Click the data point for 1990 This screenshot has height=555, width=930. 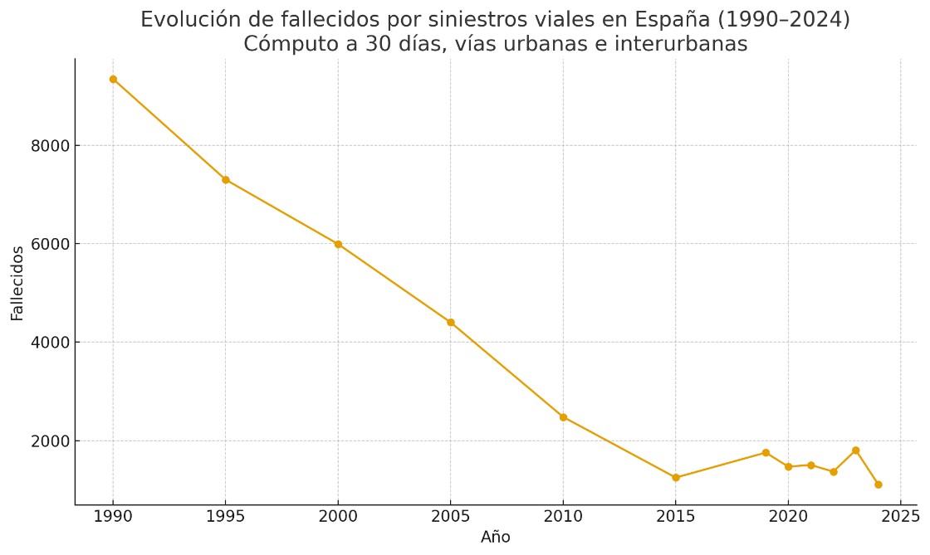113,80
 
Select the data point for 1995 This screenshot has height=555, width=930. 225,180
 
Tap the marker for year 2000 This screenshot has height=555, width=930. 338,244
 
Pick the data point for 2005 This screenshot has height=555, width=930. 451,323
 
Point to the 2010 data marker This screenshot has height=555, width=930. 563,417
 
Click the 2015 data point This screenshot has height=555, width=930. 676,478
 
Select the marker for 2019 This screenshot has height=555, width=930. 766,453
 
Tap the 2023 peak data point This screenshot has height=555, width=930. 855,450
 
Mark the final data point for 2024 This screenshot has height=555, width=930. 878,484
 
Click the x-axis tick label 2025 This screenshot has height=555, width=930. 900,516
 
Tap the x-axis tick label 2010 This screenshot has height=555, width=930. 563,516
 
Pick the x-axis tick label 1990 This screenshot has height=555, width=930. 113,516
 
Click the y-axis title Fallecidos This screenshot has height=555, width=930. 17,283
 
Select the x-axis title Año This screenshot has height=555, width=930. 496,538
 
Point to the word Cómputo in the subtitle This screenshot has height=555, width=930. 282,45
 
